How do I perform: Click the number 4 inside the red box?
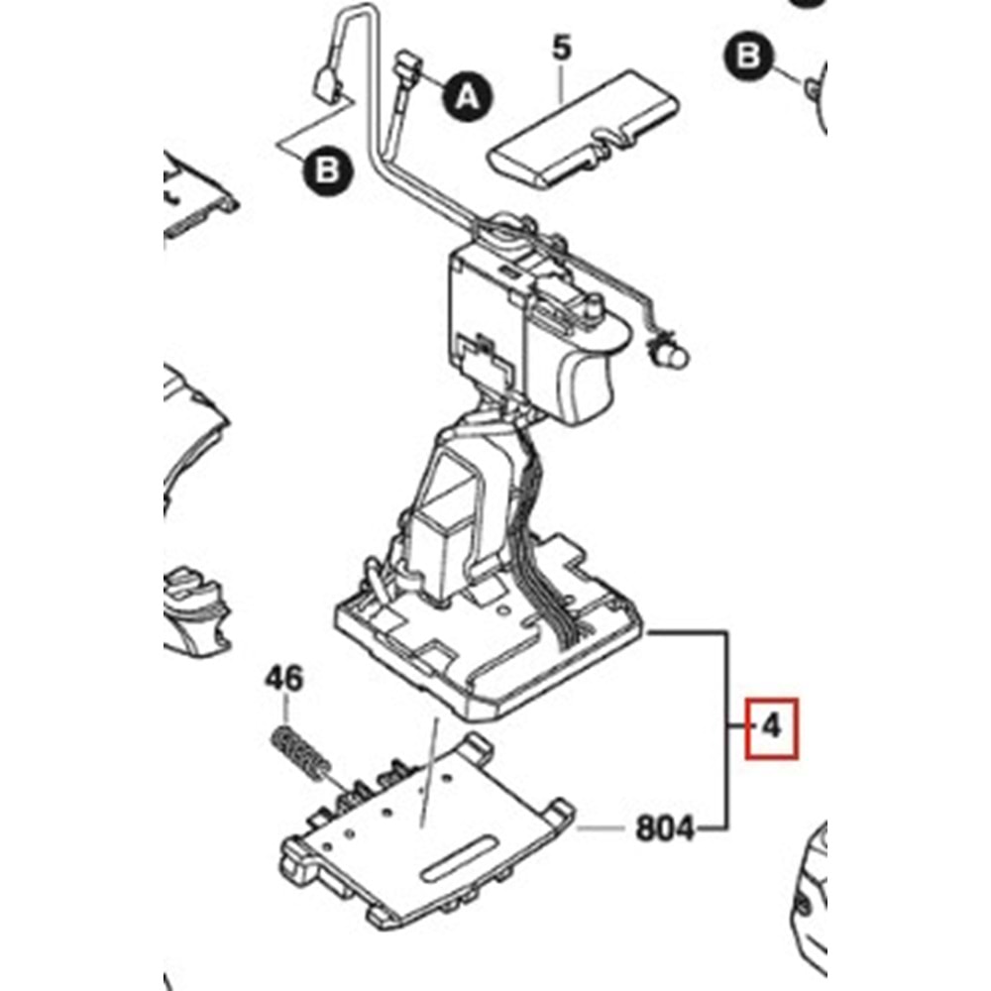click(x=771, y=728)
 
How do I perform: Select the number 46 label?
click(x=284, y=680)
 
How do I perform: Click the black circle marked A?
click(x=466, y=95)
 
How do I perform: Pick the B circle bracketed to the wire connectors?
click(x=327, y=172)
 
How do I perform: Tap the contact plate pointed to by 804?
click(x=426, y=832)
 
